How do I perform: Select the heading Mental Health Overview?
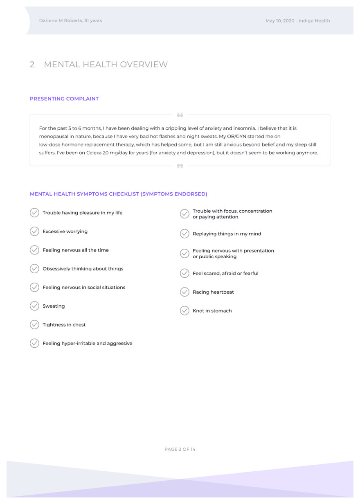106,65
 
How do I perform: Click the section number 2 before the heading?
32,65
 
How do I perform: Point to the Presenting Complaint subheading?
64,99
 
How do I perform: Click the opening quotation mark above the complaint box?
180,115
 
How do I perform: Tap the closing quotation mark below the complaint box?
180,166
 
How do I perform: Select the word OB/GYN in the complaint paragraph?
232,136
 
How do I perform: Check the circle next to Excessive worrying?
34,232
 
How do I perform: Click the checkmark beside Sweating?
34,306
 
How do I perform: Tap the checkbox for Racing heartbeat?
184,292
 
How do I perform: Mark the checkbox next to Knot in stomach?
184,311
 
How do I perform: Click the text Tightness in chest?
64,325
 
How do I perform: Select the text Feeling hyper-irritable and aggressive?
88,344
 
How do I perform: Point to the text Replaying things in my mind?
227,234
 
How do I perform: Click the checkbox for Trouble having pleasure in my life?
34,213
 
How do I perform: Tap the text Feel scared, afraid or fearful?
225,274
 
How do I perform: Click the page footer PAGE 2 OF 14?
180,450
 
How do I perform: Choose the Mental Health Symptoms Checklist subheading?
119,194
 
